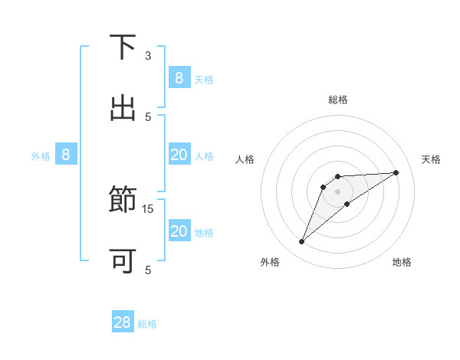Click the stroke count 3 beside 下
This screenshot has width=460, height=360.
coord(148,56)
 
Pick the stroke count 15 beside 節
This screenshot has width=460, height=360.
coord(148,208)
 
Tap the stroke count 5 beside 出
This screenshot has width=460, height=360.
coord(148,116)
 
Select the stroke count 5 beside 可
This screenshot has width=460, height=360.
coord(148,270)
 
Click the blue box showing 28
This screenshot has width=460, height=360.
coord(123,322)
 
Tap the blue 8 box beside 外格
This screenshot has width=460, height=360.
coord(66,155)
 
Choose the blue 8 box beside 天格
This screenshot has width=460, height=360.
coord(179,77)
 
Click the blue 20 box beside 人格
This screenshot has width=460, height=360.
coord(179,155)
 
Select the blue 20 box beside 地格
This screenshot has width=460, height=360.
coord(179,231)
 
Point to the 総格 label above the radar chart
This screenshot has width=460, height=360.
coord(338,100)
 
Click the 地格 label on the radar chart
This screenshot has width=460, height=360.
coord(402,262)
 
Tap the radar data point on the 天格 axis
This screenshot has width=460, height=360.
coord(396,172)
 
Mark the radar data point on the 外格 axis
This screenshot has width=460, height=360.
coord(302,242)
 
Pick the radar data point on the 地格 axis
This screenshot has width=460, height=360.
coord(347,204)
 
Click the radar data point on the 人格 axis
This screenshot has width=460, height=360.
coord(324,186)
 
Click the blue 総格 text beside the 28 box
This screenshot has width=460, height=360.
coord(147,324)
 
